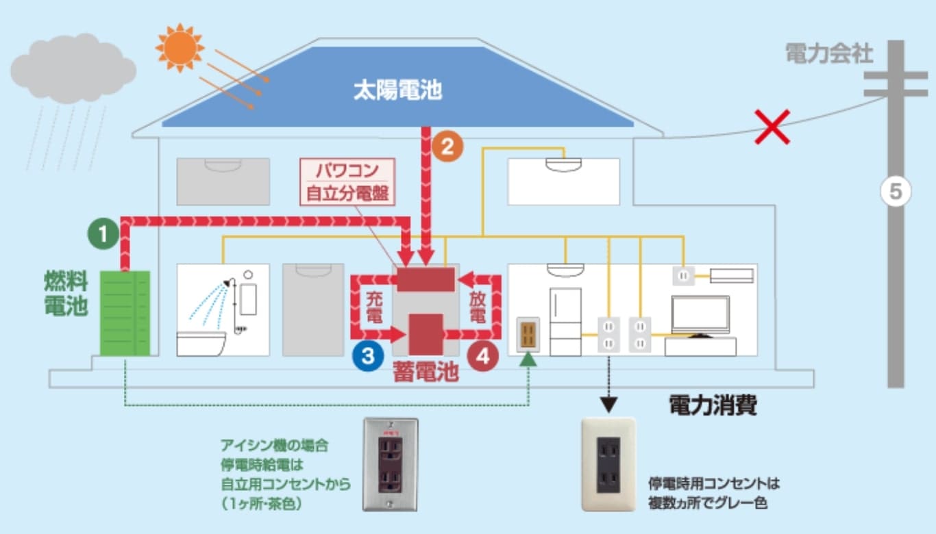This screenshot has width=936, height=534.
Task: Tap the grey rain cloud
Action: (x=72, y=68)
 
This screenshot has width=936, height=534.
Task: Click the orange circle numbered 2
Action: (x=447, y=146)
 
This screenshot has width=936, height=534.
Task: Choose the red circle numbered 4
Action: (x=482, y=355)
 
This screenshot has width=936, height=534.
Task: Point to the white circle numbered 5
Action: (x=896, y=192)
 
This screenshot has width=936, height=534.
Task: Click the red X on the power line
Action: (x=772, y=126)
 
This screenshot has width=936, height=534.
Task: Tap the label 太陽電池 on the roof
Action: (x=397, y=91)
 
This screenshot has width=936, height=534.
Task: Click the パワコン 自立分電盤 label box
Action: (x=350, y=181)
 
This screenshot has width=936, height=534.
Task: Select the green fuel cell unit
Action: (x=125, y=313)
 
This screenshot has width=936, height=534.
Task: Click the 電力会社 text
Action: (x=829, y=54)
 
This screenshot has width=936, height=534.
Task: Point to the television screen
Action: (x=700, y=314)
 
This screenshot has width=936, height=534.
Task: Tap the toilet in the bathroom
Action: (x=201, y=343)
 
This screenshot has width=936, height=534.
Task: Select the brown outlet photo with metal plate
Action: (x=389, y=463)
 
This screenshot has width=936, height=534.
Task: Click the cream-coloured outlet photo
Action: (x=608, y=464)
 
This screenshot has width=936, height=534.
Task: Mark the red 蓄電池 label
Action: (x=426, y=372)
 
